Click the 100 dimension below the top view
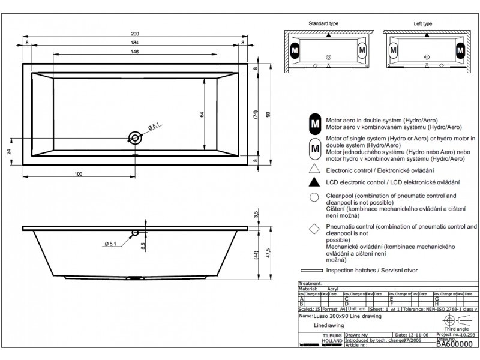(x=78, y=173)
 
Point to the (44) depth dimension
(x=255, y=256)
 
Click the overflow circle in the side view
(x=136, y=232)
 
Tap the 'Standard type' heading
(x=324, y=23)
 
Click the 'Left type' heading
(x=422, y=23)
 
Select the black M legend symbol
(x=315, y=123)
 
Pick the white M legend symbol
(x=315, y=147)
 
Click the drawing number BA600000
(x=454, y=345)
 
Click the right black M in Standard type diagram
(x=362, y=51)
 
